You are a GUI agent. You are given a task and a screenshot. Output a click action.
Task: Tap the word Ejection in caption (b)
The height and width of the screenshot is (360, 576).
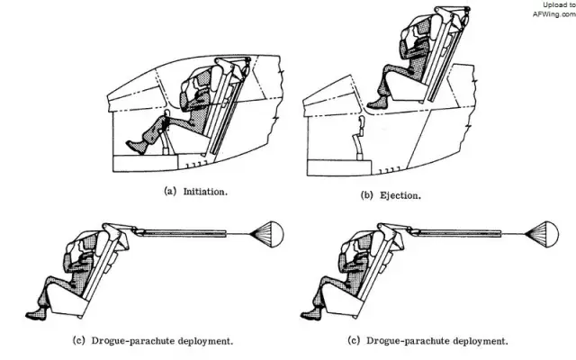coord(392,194)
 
